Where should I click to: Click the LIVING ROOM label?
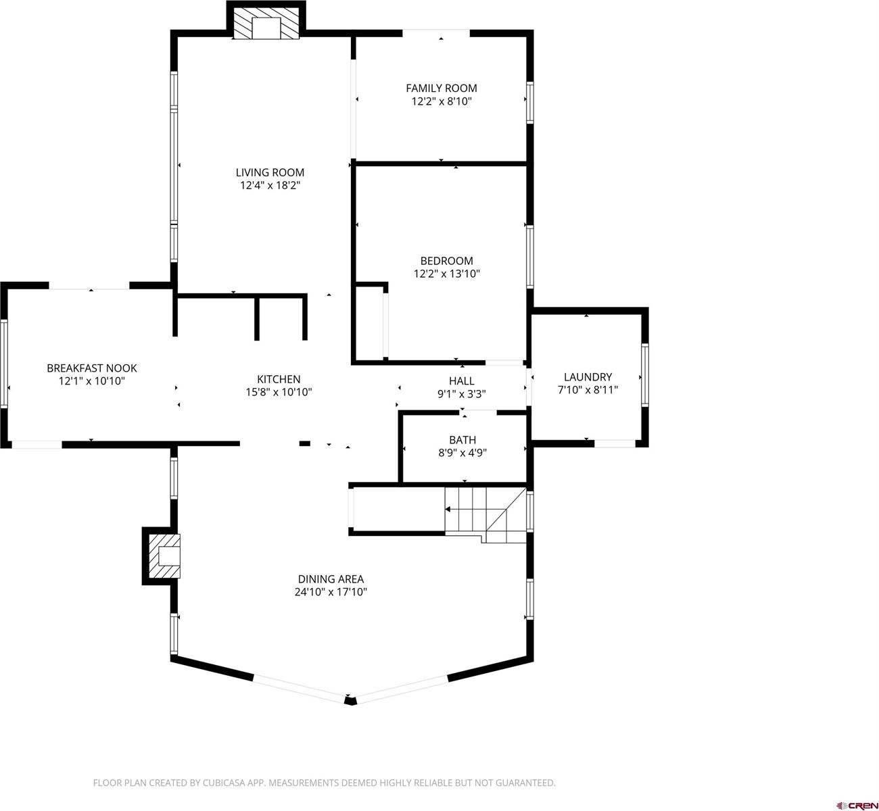(270, 172)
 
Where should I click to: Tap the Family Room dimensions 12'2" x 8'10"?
(441, 101)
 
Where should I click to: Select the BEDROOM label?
(446, 261)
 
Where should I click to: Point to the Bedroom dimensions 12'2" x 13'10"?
(446, 274)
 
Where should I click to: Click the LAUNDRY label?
(588, 377)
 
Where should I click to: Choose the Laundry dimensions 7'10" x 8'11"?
(588, 390)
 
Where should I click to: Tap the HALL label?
(461, 381)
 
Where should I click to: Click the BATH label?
(462, 440)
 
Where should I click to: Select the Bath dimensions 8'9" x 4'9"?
(462, 453)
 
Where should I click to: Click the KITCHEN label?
(278, 379)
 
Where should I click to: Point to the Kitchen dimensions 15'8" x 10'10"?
(278, 392)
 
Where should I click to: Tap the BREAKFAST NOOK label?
(91, 368)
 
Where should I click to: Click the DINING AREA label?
(331, 579)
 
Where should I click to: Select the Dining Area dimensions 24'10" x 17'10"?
(331, 592)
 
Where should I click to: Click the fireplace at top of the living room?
(266, 26)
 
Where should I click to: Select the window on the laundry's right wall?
(644, 375)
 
